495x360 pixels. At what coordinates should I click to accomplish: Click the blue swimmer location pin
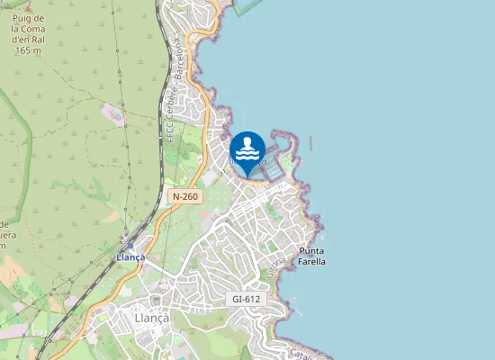tap(247, 151)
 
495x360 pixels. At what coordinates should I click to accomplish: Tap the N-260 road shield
tap(184, 196)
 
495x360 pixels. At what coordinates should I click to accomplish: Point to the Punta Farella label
tap(312, 256)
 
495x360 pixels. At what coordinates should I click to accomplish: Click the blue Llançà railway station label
tap(130, 257)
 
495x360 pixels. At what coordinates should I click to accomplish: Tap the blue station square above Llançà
tap(130, 245)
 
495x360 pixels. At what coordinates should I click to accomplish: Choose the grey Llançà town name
tap(151, 317)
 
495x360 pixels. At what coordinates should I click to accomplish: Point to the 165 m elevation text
tap(29, 50)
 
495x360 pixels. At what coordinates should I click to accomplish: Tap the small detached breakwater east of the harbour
tap(310, 142)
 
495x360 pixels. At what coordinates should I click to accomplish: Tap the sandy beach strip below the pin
tap(256, 184)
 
